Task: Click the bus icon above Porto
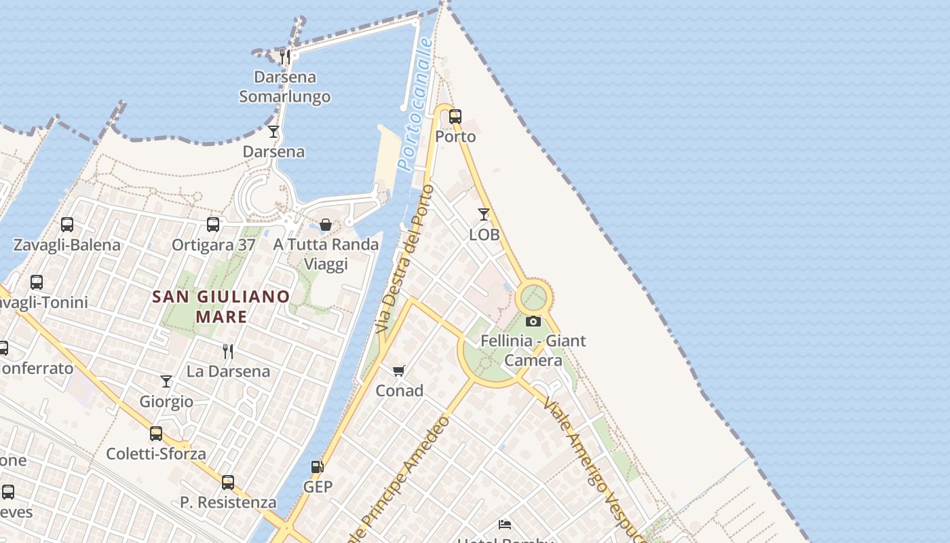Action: (x=455, y=116)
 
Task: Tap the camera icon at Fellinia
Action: (x=533, y=321)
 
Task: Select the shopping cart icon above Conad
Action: (x=399, y=371)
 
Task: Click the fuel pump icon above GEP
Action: (x=317, y=467)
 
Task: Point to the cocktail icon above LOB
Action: (x=483, y=214)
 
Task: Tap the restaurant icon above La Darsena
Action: (x=228, y=351)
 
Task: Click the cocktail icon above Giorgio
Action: (x=166, y=381)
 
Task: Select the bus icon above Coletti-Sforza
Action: (x=156, y=433)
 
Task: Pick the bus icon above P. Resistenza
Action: (x=228, y=483)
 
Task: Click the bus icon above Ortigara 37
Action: (x=213, y=225)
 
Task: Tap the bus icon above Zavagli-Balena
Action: (x=67, y=225)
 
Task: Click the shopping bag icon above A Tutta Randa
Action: (x=326, y=225)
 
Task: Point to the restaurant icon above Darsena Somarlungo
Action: (x=285, y=57)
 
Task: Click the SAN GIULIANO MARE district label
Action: (x=221, y=307)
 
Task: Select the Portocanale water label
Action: (x=416, y=104)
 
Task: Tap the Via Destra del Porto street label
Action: (x=405, y=258)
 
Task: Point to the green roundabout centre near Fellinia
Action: (x=533, y=297)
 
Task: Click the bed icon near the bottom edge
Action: (x=505, y=524)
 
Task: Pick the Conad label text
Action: (x=399, y=391)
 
